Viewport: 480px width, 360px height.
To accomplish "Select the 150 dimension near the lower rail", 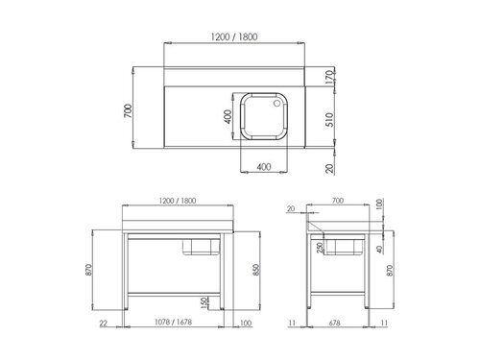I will point(203,303).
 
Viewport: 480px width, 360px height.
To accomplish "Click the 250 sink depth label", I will point(319,248).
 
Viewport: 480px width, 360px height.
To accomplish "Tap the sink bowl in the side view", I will point(343,249).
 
